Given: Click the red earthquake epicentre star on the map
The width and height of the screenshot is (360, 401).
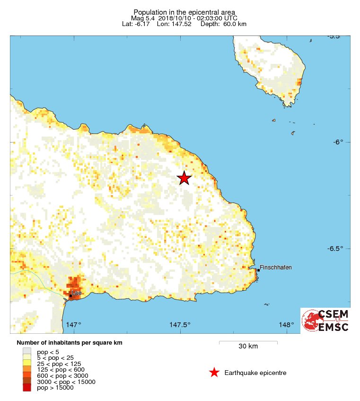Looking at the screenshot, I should pos(184,178).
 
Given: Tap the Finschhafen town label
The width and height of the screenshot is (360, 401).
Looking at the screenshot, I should pos(276,267).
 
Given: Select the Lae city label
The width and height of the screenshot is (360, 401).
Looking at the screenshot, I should pos(77,293).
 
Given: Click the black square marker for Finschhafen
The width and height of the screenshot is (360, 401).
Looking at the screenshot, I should pos(258,270).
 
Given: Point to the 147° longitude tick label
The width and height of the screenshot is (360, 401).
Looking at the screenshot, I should pos(74,325).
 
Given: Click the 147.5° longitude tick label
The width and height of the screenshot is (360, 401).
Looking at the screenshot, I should pos(180,325).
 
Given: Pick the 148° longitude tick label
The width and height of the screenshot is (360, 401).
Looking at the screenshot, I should pos(286,325).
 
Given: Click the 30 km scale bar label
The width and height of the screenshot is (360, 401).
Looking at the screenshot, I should pos(248,346).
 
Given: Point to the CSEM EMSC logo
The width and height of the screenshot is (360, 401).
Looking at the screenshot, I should pos(326,321).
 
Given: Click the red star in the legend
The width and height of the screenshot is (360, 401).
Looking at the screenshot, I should pos(214,373).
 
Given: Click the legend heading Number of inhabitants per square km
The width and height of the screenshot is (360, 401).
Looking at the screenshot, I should pos(72,342).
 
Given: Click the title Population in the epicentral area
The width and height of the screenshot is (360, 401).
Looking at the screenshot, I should pos(184,12).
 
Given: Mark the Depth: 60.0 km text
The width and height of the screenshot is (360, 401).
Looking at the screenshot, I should pos(223,24).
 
